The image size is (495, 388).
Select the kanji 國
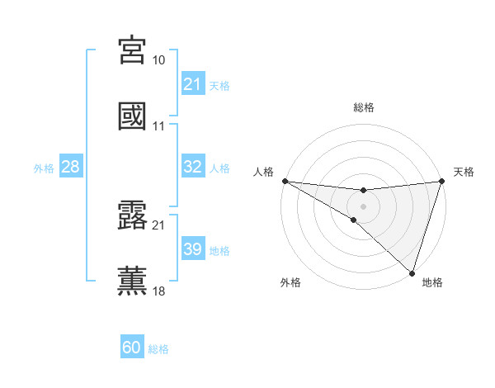pyautogui.click(x=132, y=116)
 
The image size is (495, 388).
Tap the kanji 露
pyautogui.click(x=132, y=215)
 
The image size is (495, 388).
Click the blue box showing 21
pyautogui.click(x=192, y=84)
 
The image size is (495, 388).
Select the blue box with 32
pyautogui.click(x=192, y=167)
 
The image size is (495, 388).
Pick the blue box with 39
pyautogui.click(x=192, y=249)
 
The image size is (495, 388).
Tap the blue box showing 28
pyautogui.click(x=71, y=167)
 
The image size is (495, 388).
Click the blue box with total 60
pyautogui.click(x=132, y=348)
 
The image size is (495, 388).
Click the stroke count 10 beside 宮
pyautogui.click(x=159, y=61)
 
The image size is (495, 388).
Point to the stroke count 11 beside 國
pyautogui.click(x=159, y=127)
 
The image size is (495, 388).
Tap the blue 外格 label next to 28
pyautogui.click(x=44, y=168)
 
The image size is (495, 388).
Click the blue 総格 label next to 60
pyautogui.click(x=158, y=348)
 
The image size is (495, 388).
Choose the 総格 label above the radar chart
pyautogui.click(x=363, y=107)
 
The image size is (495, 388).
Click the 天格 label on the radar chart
pyautogui.click(x=464, y=172)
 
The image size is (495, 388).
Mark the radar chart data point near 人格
pyautogui.click(x=285, y=181)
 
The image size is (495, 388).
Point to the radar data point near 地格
pyautogui.click(x=412, y=273)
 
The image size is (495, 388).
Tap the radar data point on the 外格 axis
pyautogui.click(x=354, y=220)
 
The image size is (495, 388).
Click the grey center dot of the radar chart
pyautogui.click(x=363, y=206)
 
